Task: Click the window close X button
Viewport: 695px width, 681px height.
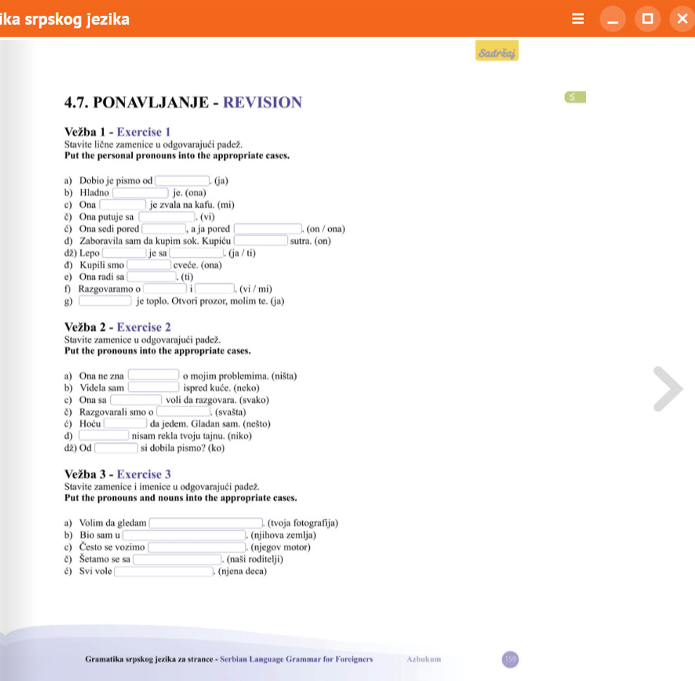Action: coord(681,19)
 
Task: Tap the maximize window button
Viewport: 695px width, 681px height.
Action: coord(647,19)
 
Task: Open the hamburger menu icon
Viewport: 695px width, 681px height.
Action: coord(578,19)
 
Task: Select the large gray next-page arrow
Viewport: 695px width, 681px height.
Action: coord(668,388)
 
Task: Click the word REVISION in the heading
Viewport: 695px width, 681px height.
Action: coord(262,103)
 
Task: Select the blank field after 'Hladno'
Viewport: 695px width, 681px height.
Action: coord(141,192)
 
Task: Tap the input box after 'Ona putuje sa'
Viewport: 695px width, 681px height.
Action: coord(167,216)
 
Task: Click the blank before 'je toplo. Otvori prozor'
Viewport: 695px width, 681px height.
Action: coord(105,302)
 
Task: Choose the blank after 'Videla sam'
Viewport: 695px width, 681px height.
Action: coord(153,388)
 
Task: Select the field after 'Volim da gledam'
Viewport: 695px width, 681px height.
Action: coord(205,523)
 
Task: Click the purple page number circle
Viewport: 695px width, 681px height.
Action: coord(510,659)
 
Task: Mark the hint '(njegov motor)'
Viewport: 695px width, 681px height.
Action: coord(280,547)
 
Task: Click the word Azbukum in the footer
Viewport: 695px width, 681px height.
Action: coord(424,659)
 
